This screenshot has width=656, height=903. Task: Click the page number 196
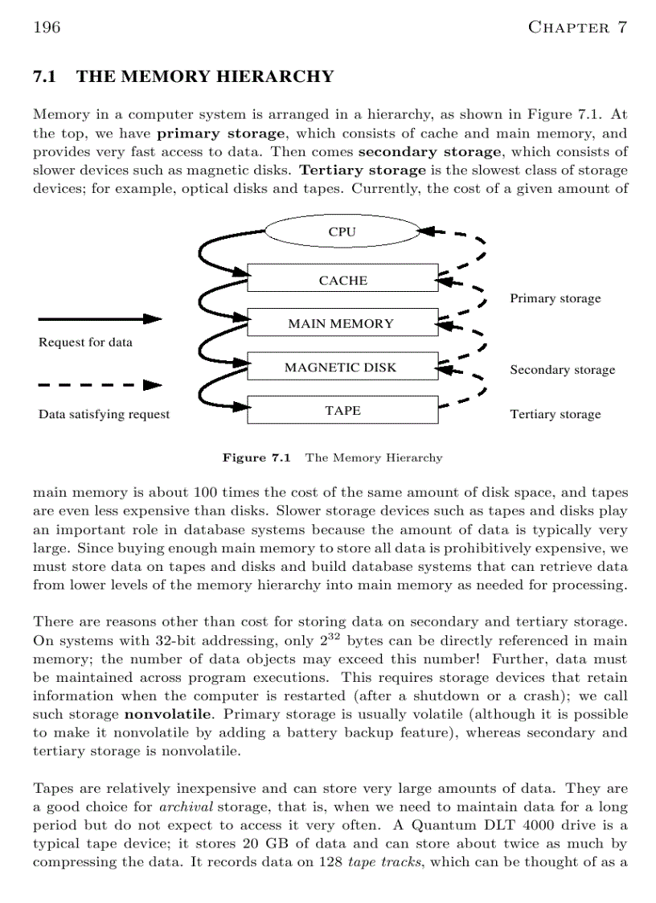point(47,27)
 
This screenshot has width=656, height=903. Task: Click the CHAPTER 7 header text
point(576,27)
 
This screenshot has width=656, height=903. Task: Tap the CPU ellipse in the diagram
point(342,232)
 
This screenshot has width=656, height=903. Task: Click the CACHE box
point(342,281)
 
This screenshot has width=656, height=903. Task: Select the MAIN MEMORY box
point(342,324)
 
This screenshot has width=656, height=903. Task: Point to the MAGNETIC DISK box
point(342,367)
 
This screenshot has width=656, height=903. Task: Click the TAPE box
point(342,410)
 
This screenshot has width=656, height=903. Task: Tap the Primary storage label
point(555,298)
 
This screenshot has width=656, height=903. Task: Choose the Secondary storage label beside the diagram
point(562,370)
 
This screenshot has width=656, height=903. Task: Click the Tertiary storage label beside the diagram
point(555,414)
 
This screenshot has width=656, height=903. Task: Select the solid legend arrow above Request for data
point(97,319)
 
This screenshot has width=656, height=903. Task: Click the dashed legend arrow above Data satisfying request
point(97,385)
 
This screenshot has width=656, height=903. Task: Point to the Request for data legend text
point(85,343)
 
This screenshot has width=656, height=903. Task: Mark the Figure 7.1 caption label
point(256,458)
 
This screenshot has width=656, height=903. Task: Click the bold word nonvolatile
point(160,714)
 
